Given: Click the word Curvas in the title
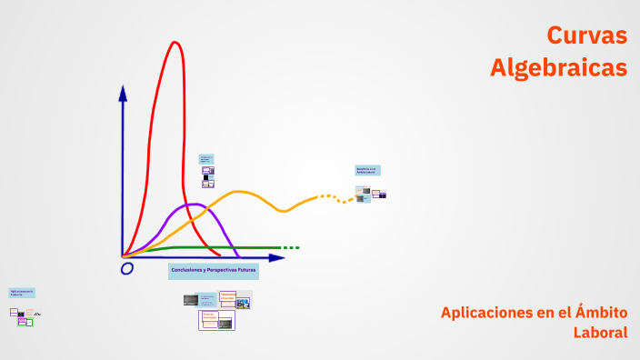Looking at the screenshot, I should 586,35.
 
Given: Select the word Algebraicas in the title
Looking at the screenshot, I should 558,67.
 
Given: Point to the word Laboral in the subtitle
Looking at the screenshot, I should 600,333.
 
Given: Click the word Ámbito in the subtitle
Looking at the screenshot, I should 599,313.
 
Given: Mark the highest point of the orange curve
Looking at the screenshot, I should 239,192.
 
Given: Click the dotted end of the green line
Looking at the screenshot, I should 290,247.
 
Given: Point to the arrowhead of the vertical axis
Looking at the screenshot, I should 123,92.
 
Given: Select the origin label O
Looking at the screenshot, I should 127,268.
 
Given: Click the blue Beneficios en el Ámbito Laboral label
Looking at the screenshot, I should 367,170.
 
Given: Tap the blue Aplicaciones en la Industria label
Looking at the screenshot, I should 22,293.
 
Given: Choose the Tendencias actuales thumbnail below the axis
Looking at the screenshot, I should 227,296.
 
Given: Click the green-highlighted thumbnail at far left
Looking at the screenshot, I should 29,322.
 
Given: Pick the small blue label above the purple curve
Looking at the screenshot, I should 206,158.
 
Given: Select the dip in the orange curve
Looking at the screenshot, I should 284,211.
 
